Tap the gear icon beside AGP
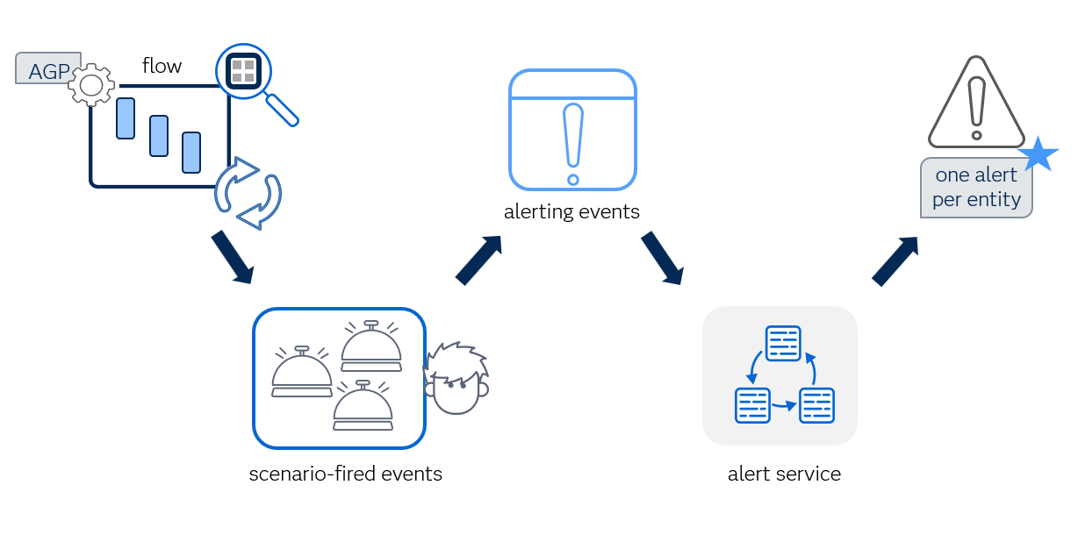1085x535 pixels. coord(91,85)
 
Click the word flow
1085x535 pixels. coord(162,66)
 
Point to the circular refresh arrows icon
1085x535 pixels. coord(248,194)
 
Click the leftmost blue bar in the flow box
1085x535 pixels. coord(126,118)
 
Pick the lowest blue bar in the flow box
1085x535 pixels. coord(191,152)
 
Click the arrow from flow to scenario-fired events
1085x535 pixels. coord(232,258)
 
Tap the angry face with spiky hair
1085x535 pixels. coord(456,379)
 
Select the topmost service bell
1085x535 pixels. coord(371,346)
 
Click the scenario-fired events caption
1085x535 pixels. coord(345,474)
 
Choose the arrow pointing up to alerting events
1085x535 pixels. coord(478,260)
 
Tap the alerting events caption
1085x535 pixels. coord(571,212)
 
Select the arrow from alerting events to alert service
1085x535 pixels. coord(662,258)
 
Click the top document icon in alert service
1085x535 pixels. coord(783,343)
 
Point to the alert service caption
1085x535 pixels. coord(784,474)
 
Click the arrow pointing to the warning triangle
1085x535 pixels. coord(895,260)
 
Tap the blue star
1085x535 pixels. coord(1038,154)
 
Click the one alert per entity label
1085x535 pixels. coord(976,188)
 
